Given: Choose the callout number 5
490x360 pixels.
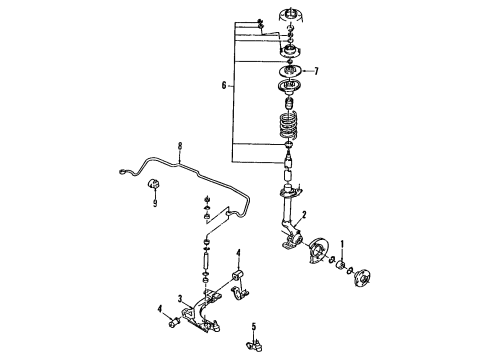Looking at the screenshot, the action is click(255, 326).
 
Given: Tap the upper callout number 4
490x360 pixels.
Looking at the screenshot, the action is click(238, 252).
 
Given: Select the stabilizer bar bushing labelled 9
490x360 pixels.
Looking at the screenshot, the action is click(155, 186).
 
